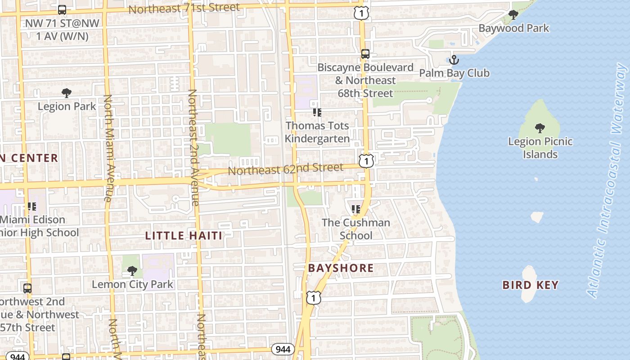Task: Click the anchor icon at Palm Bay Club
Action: tap(454, 60)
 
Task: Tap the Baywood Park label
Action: tap(513, 28)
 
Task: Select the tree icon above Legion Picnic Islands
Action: tap(540, 128)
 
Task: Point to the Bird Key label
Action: tap(530, 285)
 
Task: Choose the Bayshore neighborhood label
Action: tap(341, 268)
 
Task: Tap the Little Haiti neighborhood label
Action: tap(184, 235)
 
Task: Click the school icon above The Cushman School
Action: tap(356, 209)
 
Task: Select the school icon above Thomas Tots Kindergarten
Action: tap(317, 112)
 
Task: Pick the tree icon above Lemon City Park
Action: tap(132, 270)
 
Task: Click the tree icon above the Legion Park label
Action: tap(67, 93)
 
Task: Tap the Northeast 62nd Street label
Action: tap(285, 169)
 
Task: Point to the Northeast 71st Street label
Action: tap(184, 9)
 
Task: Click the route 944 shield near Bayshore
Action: tap(283, 349)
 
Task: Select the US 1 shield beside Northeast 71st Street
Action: tap(361, 13)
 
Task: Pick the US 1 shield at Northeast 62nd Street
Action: tap(366, 161)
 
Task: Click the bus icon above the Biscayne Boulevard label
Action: tap(365, 54)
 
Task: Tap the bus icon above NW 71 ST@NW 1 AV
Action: tap(62, 9)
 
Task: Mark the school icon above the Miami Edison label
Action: tap(31, 207)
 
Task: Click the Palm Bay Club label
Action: tap(454, 73)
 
